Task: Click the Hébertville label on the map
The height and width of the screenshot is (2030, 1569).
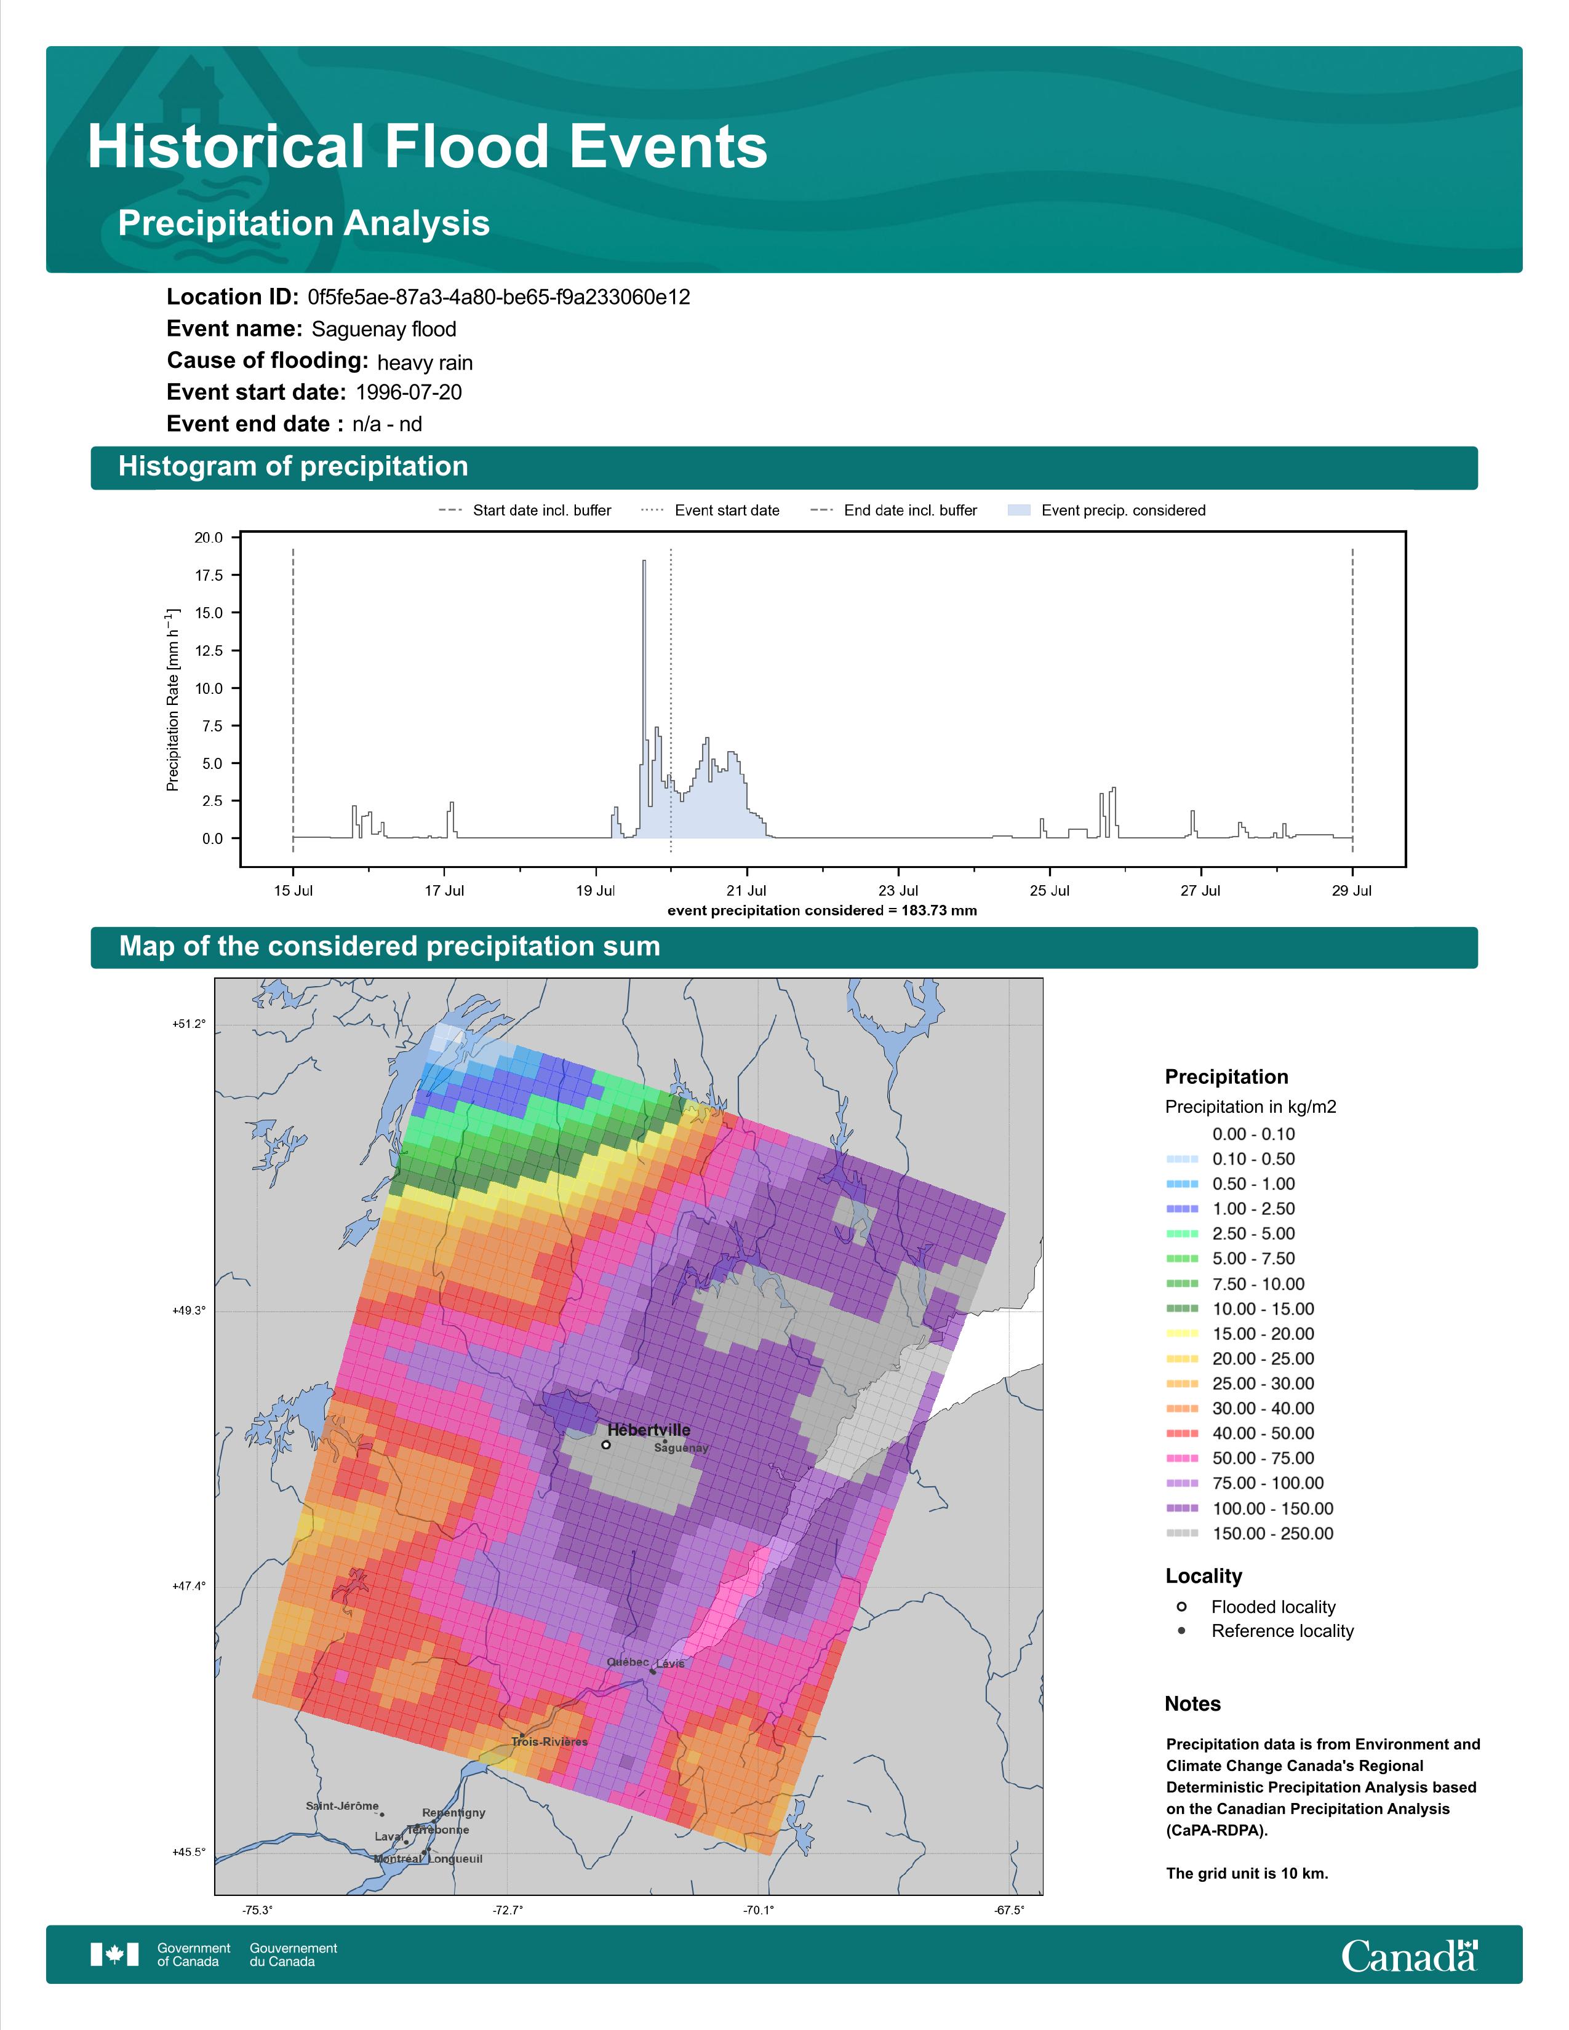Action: pyautogui.click(x=648, y=1430)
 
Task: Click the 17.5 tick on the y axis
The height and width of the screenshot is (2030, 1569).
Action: pyautogui.click(x=208, y=575)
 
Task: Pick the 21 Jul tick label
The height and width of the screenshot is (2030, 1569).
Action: pyautogui.click(x=746, y=891)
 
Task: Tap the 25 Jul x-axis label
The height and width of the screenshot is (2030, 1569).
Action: pyautogui.click(x=1050, y=891)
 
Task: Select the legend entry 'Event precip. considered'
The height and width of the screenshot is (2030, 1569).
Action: pyautogui.click(x=1106, y=511)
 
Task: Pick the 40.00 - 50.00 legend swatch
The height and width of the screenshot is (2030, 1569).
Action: pyautogui.click(x=1181, y=1434)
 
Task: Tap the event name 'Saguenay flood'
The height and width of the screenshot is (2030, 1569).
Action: pyautogui.click(x=384, y=329)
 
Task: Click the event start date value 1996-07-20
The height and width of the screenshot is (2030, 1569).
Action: pyautogui.click(x=409, y=392)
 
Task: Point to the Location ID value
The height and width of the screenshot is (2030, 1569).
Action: pyautogui.click(x=499, y=298)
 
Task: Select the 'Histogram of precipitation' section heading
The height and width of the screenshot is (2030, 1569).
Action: pyautogui.click(x=293, y=467)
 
